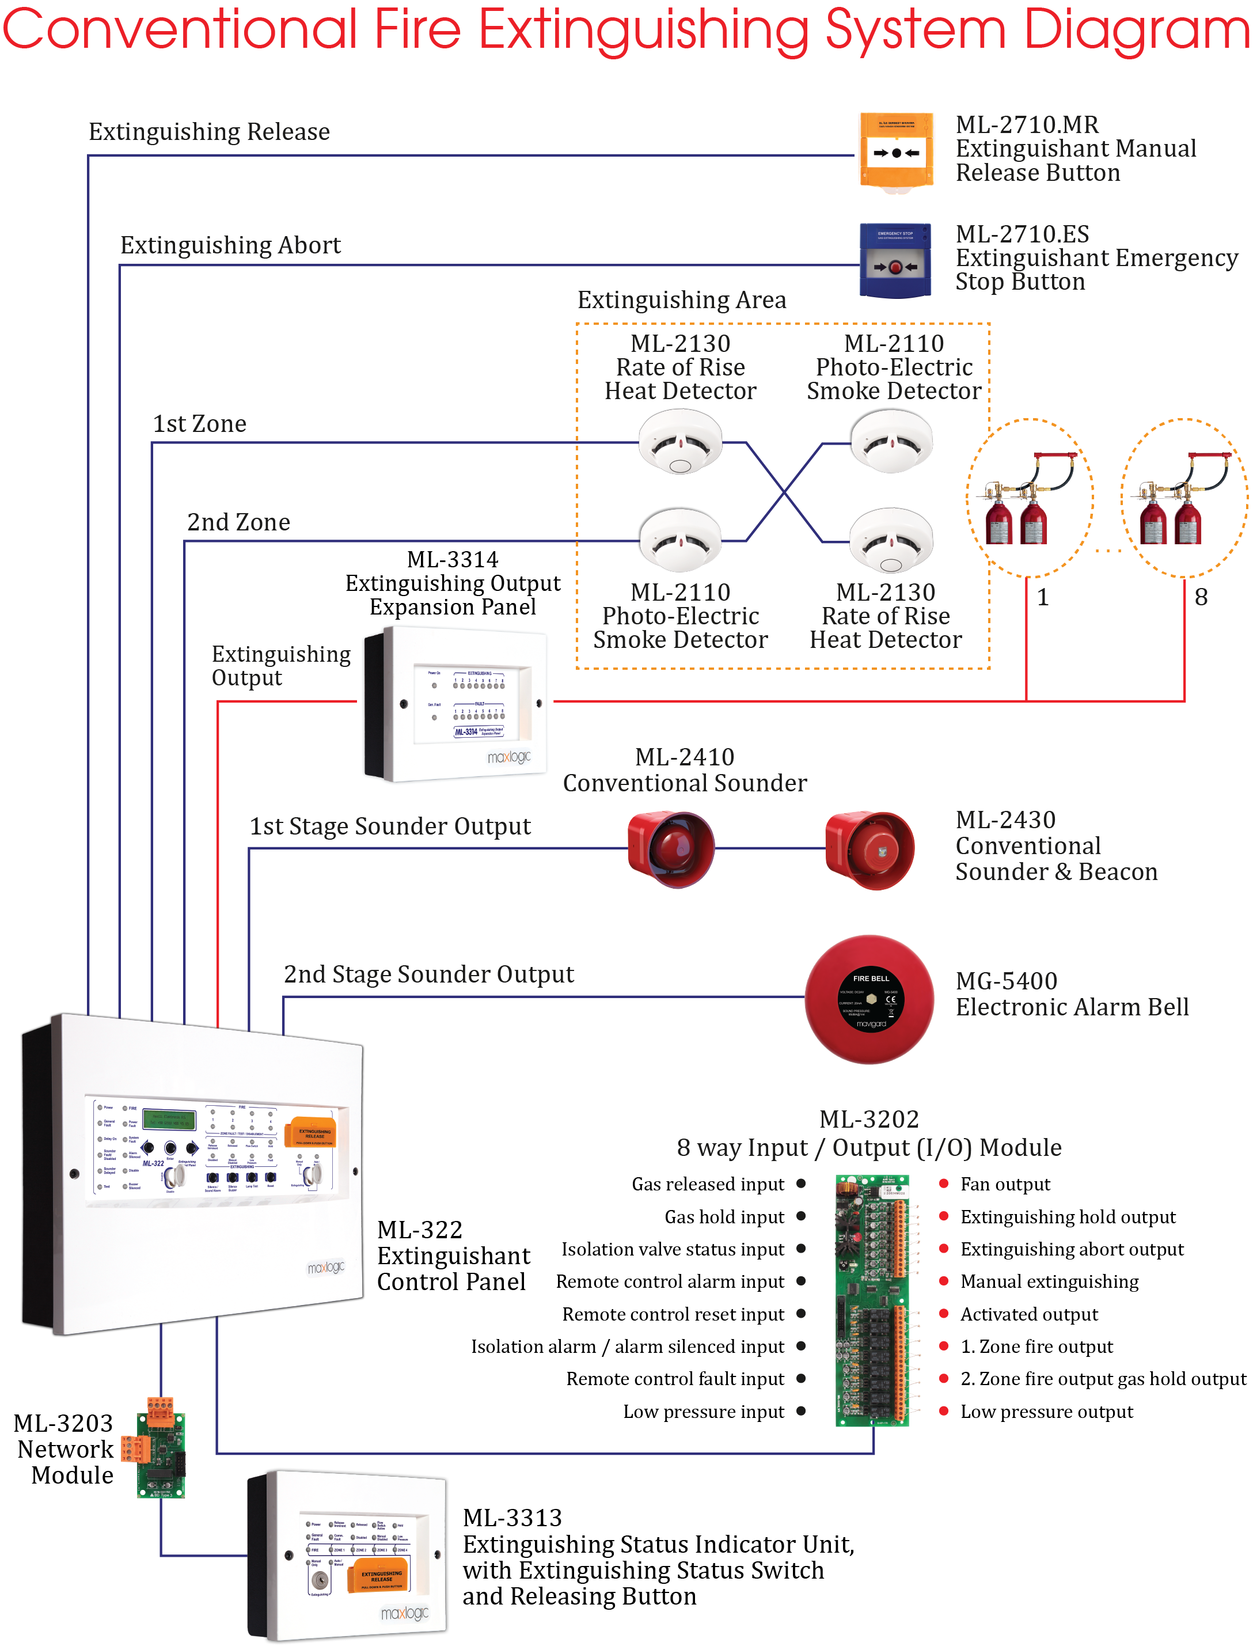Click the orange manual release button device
pyautogui.click(x=896, y=151)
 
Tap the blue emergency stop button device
pyautogui.click(x=895, y=260)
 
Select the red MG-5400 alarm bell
pyautogui.click(x=869, y=999)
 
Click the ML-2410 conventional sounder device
pyautogui.click(x=670, y=849)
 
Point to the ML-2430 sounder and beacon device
pyautogui.click(x=869, y=850)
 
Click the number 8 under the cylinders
pyautogui.click(x=1201, y=597)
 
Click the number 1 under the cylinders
pyautogui.click(x=1043, y=597)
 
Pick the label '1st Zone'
pyautogui.click(x=199, y=424)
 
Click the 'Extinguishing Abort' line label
pyautogui.click(x=230, y=245)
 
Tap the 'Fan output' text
pyautogui.click(x=1005, y=1184)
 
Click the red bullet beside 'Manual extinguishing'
pyautogui.click(x=943, y=1281)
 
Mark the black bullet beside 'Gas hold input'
pyautogui.click(x=801, y=1216)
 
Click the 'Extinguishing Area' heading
pyautogui.click(x=682, y=300)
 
